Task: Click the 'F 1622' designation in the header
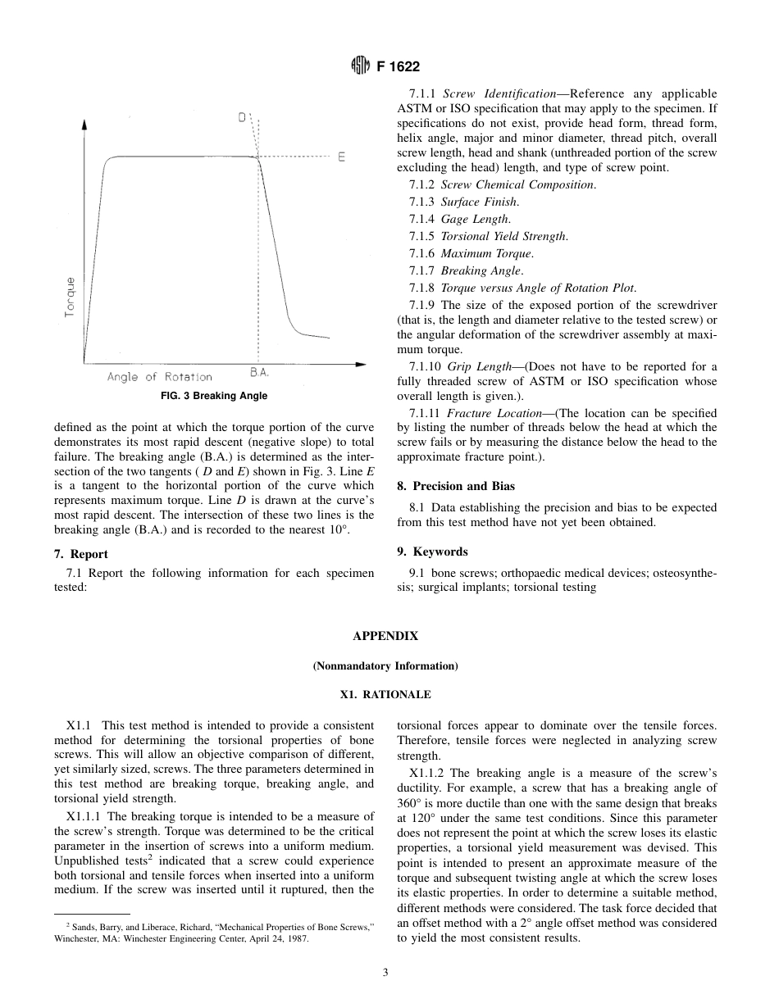coord(398,67)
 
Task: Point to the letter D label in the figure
coord(243,118)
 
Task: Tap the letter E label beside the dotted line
coord(341,156)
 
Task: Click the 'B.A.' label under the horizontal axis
coord(259,373)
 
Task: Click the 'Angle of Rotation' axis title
coord(159,377)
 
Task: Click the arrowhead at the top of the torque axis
coord(84,123)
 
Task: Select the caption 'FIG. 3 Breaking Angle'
coord(213,396)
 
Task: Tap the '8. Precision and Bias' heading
coord(455,486)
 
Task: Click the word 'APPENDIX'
coord(385,636)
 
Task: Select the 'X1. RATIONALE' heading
coord(385,694)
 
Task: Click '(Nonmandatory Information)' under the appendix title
coord(385,665)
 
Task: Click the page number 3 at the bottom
coord(385,973)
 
